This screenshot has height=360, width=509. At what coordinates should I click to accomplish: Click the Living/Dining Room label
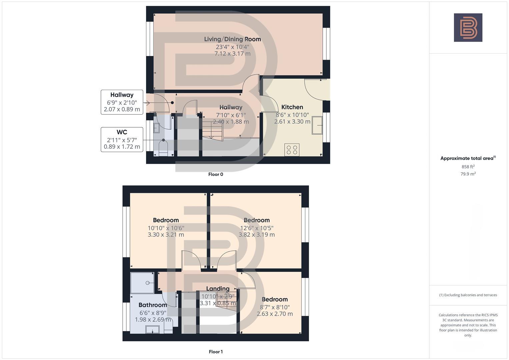tap(232, 39)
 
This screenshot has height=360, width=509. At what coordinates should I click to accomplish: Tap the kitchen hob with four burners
tap(292, 150)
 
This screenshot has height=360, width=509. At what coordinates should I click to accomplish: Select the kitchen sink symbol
tap(317, 125)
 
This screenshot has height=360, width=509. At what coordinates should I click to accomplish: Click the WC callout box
tap(122, 139)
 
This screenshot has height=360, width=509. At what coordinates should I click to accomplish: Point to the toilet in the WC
tap(163, 149)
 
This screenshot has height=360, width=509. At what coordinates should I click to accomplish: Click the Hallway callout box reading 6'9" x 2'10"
tap(122, 102)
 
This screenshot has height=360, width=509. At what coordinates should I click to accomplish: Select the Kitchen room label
tap(292, 107)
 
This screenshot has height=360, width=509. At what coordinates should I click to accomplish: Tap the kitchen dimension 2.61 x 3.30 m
tap(292, 122)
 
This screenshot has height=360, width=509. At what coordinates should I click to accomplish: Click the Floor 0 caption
tap(216, 174)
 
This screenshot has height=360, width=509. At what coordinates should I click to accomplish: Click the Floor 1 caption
tap(216, 352)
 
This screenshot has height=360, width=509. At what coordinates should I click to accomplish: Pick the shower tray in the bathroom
tap(142, 283)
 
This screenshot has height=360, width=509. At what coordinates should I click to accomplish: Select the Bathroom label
tap(153, 305)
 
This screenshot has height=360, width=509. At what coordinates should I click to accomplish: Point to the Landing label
tap(218, 289)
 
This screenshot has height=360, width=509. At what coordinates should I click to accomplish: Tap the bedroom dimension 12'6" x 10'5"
tap(256, 228)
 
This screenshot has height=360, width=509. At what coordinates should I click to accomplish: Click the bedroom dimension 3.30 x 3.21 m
tap(166, 235)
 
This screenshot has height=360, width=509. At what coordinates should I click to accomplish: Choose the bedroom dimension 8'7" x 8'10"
tap(275, 307)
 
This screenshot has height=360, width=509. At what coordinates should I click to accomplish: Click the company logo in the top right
tap(468, 28)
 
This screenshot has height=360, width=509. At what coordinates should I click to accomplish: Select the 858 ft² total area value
tap(468, 167)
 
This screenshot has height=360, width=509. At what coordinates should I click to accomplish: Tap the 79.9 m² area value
tap(468, 174)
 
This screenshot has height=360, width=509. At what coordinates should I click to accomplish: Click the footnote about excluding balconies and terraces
tap(468, 295)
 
